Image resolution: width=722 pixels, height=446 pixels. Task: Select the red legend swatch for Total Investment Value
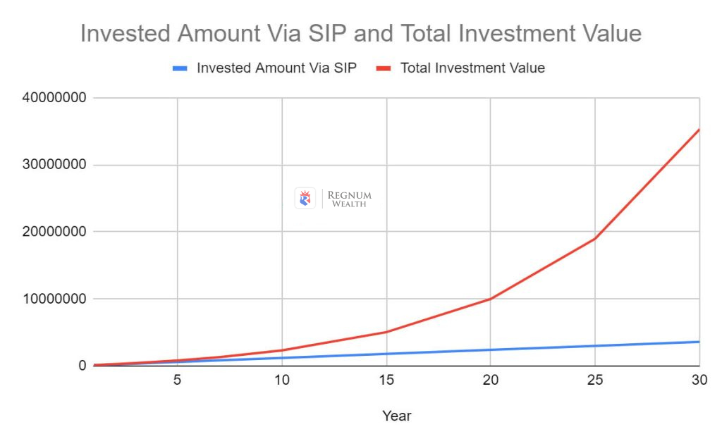(384, 68)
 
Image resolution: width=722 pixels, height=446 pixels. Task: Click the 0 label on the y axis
(82, 366)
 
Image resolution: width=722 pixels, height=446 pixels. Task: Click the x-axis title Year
(396, 416)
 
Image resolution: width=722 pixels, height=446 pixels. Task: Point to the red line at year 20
(490, 299)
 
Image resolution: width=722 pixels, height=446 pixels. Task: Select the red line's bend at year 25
(595, 238)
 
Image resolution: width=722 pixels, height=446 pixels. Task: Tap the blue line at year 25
(595, 346)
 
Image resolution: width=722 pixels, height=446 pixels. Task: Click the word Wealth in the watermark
(349, 204)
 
